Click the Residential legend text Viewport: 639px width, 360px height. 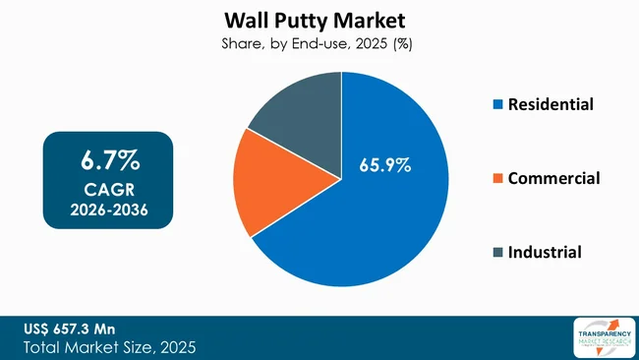[x=551, y=103]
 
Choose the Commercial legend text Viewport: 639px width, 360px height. [x=553, y=178]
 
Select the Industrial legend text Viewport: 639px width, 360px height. [x=545, y=252]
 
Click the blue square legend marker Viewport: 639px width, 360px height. [x=496, y=104]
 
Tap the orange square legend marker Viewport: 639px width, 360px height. [x=496, y=179]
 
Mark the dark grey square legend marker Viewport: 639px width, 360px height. [x=496, y=253]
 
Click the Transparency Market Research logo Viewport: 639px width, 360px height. [x=602, y=337]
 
